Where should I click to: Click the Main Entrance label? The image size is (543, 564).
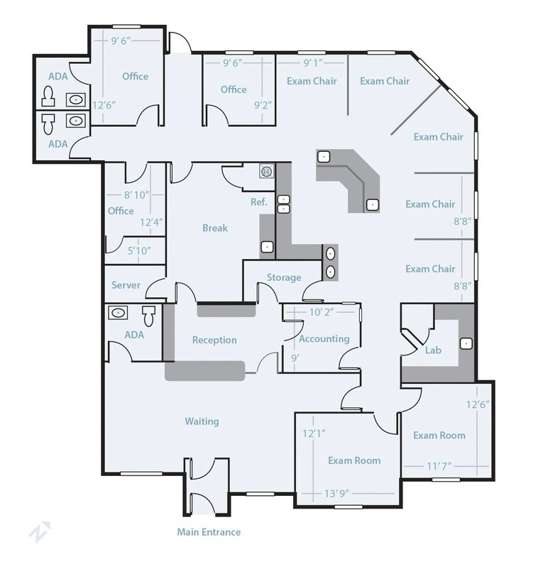click(x=209, y=532)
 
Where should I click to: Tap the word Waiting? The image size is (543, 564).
click(x=202, y=421)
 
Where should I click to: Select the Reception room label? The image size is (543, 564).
click(x=214, y=341)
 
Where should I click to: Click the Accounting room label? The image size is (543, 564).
click(x=324, y=339)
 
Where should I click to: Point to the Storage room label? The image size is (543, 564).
click(x=284, y=277)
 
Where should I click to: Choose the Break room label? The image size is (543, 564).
click(x=215, y=228)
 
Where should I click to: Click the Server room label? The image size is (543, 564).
click(x=126, y=285)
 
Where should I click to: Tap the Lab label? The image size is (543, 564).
click(x=433, y=350)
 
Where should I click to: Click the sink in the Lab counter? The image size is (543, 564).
click(x=466, y=343)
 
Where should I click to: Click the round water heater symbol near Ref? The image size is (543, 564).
click(x=266, y=171)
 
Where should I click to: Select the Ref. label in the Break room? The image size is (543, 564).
click(x=258, y=202)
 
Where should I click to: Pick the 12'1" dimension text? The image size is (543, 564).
click(x=314, y=433)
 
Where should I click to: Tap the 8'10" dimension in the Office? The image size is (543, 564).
click(x=137, y=195)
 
